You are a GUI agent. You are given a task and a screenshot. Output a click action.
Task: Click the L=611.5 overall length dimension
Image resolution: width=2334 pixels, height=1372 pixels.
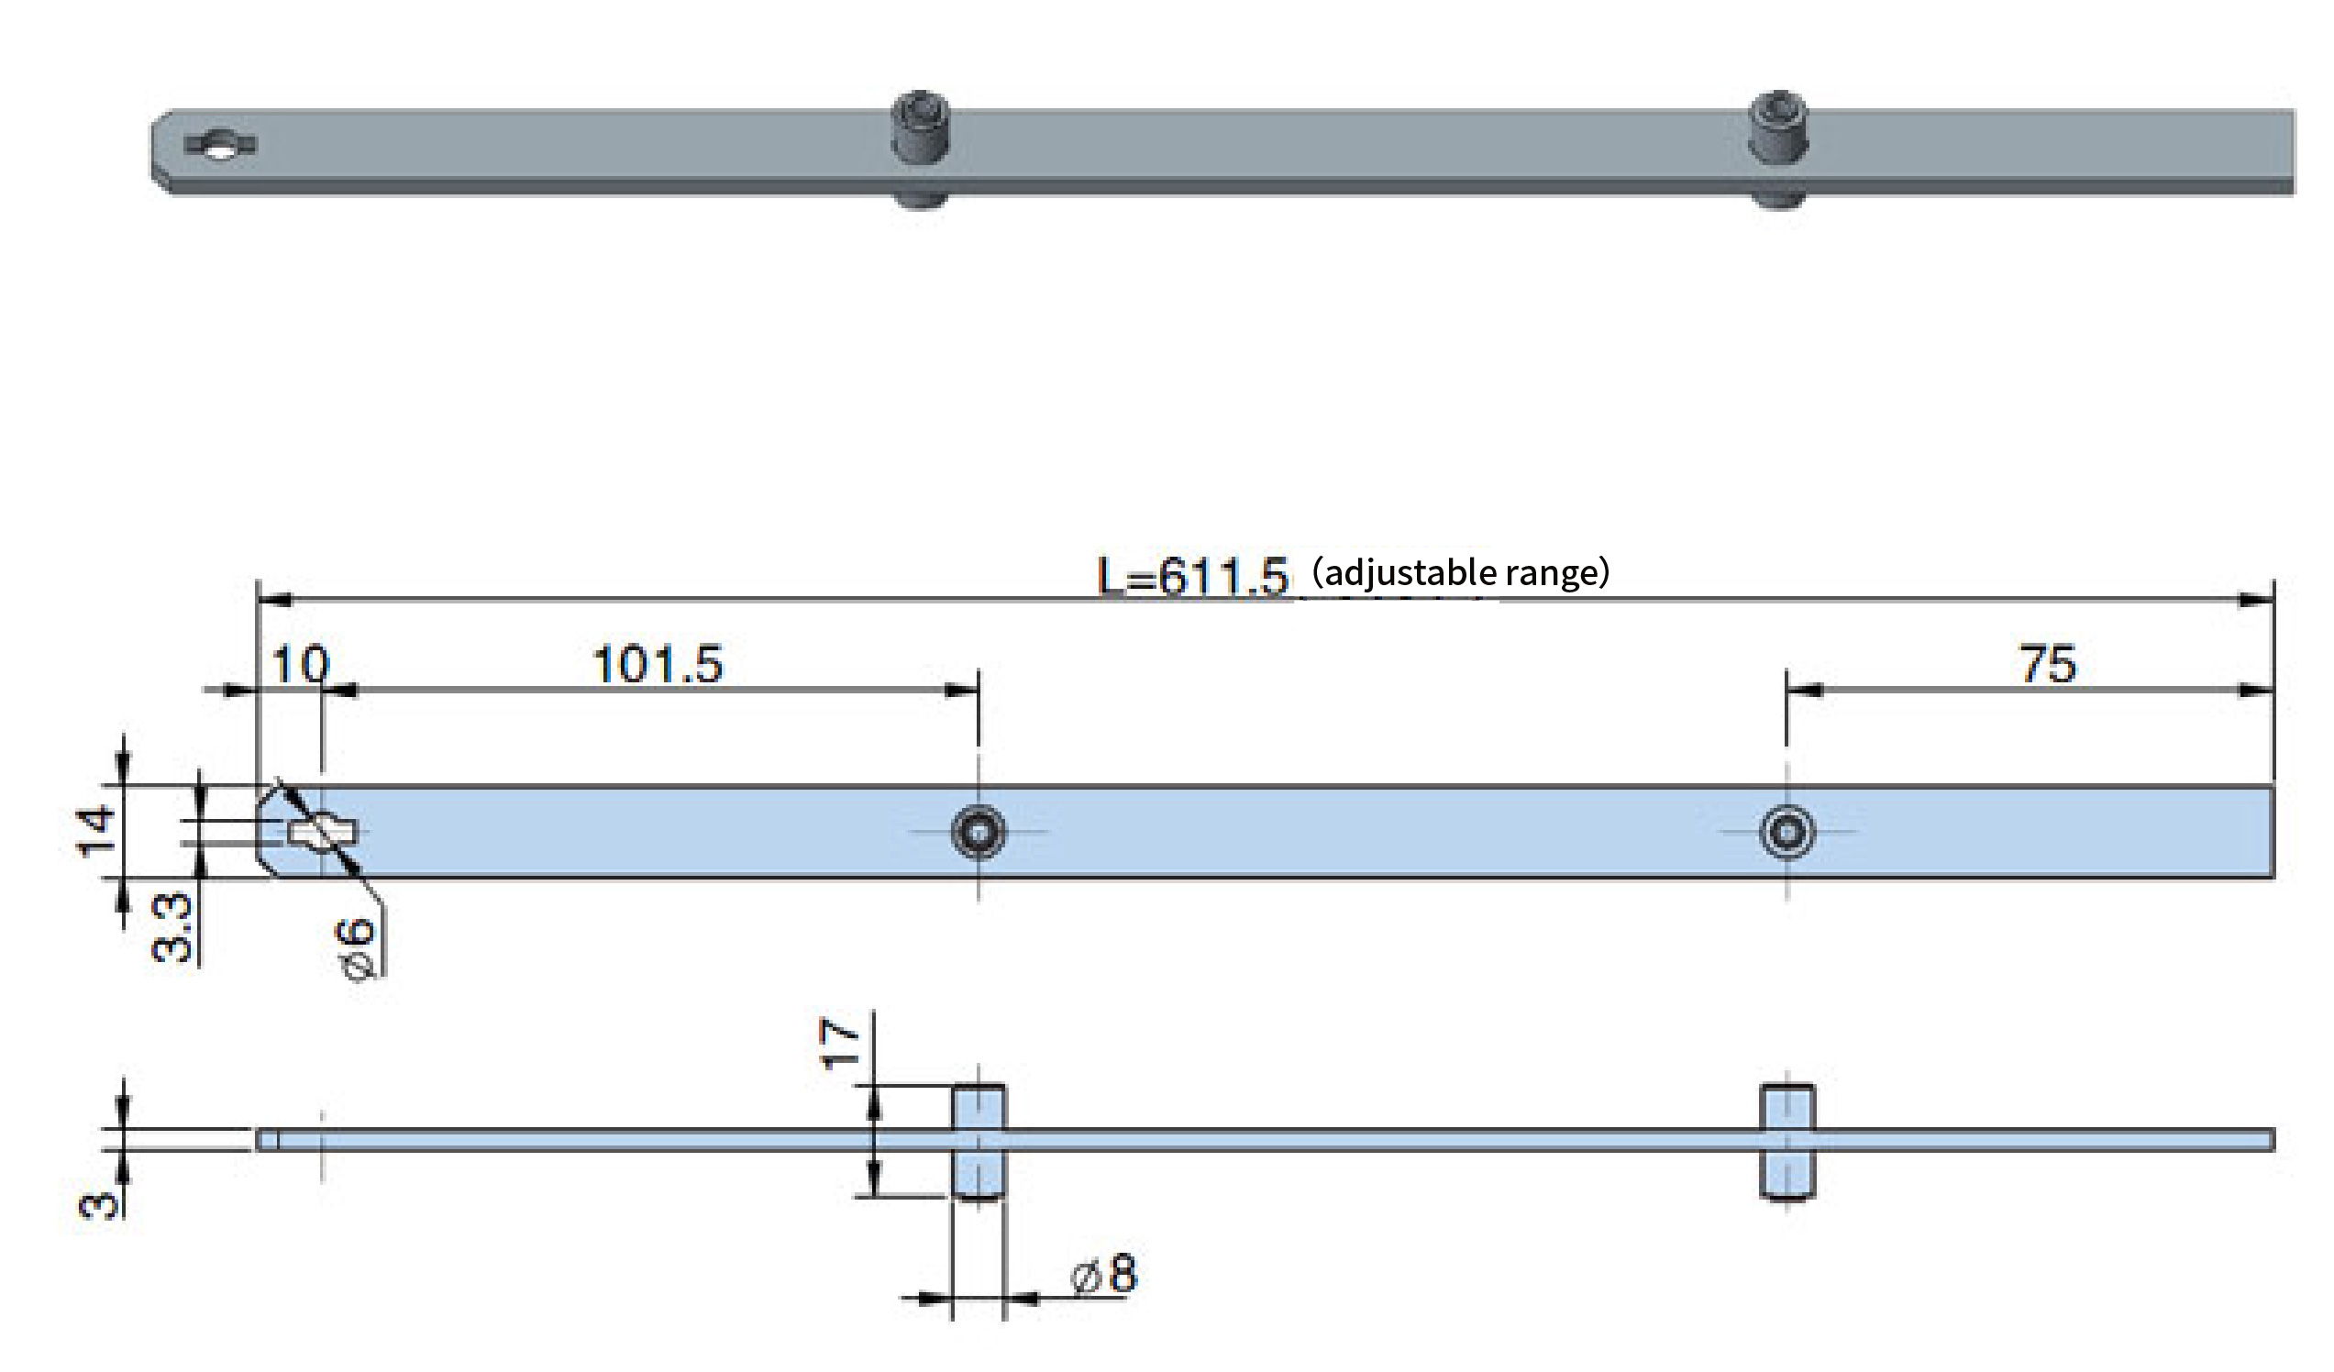[x=1193, y=576]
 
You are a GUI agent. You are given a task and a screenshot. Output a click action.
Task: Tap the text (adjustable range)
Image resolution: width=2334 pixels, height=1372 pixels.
[x=1461, y=572]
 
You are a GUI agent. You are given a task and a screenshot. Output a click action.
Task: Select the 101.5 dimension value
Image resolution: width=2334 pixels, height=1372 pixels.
[x=657, y=665]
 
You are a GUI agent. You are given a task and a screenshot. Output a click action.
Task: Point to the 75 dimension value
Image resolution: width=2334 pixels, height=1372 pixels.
[x=2048, y=665]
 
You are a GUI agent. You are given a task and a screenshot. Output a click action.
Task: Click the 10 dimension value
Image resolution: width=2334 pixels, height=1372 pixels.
[x=300, y=665]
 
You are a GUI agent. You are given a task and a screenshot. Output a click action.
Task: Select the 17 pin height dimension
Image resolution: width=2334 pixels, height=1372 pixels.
[x=842, y=1044]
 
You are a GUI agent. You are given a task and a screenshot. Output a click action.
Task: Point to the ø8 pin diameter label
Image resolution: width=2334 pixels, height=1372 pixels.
[x=1104, y=1276]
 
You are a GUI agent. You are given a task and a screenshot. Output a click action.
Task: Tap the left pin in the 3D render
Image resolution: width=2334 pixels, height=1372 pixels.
[x=921, y=149]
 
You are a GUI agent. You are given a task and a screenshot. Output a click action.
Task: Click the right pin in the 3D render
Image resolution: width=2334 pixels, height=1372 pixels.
[x=1778, y=149]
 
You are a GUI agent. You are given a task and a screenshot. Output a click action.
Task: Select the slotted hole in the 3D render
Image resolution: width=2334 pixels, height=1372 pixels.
[x=220, y=147]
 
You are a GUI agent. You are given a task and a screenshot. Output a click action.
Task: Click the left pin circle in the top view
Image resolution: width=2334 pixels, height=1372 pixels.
[x=978, y=832]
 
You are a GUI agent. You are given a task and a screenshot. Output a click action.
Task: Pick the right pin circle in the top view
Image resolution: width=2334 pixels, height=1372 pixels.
[x=1786, y=832]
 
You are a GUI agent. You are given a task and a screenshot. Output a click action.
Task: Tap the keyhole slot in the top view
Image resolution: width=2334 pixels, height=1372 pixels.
[x=320, y=832]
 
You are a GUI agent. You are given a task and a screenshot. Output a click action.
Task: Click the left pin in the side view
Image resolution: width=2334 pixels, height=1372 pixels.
[x=979, y=1141]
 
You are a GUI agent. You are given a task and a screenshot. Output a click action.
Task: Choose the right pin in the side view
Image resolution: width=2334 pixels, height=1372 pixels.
[x=1786, y=1141]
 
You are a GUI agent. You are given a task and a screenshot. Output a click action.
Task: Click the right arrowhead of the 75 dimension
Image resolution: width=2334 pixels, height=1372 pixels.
[x=2256, y=691]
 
